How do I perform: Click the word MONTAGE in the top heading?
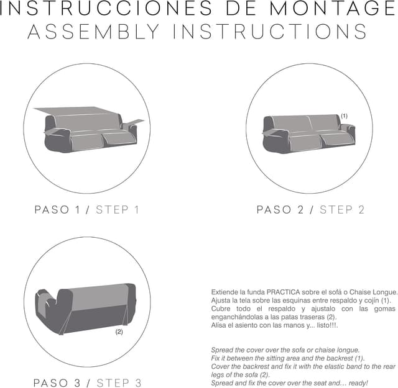333,8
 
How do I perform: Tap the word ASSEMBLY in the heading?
94,32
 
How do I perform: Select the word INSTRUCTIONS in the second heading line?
270,32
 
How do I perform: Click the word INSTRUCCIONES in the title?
106,8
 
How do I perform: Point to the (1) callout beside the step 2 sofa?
344,116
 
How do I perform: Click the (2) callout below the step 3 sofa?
119,332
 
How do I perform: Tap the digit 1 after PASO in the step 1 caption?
78,210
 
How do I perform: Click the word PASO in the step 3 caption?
51,383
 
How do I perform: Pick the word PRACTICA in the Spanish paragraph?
283,292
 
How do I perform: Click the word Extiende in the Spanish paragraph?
221,292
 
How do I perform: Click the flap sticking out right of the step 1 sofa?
134,122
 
